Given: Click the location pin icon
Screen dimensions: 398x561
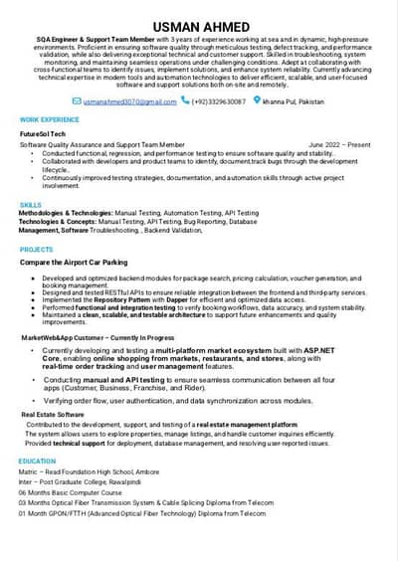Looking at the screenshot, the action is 258,100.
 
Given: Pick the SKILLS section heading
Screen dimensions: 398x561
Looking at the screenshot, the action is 31,205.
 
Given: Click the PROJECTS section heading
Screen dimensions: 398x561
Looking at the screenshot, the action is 37,250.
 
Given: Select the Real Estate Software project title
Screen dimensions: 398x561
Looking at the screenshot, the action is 53,414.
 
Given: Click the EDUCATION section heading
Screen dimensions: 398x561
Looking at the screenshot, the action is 37,462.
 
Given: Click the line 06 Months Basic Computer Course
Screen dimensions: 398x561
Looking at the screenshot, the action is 70,493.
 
